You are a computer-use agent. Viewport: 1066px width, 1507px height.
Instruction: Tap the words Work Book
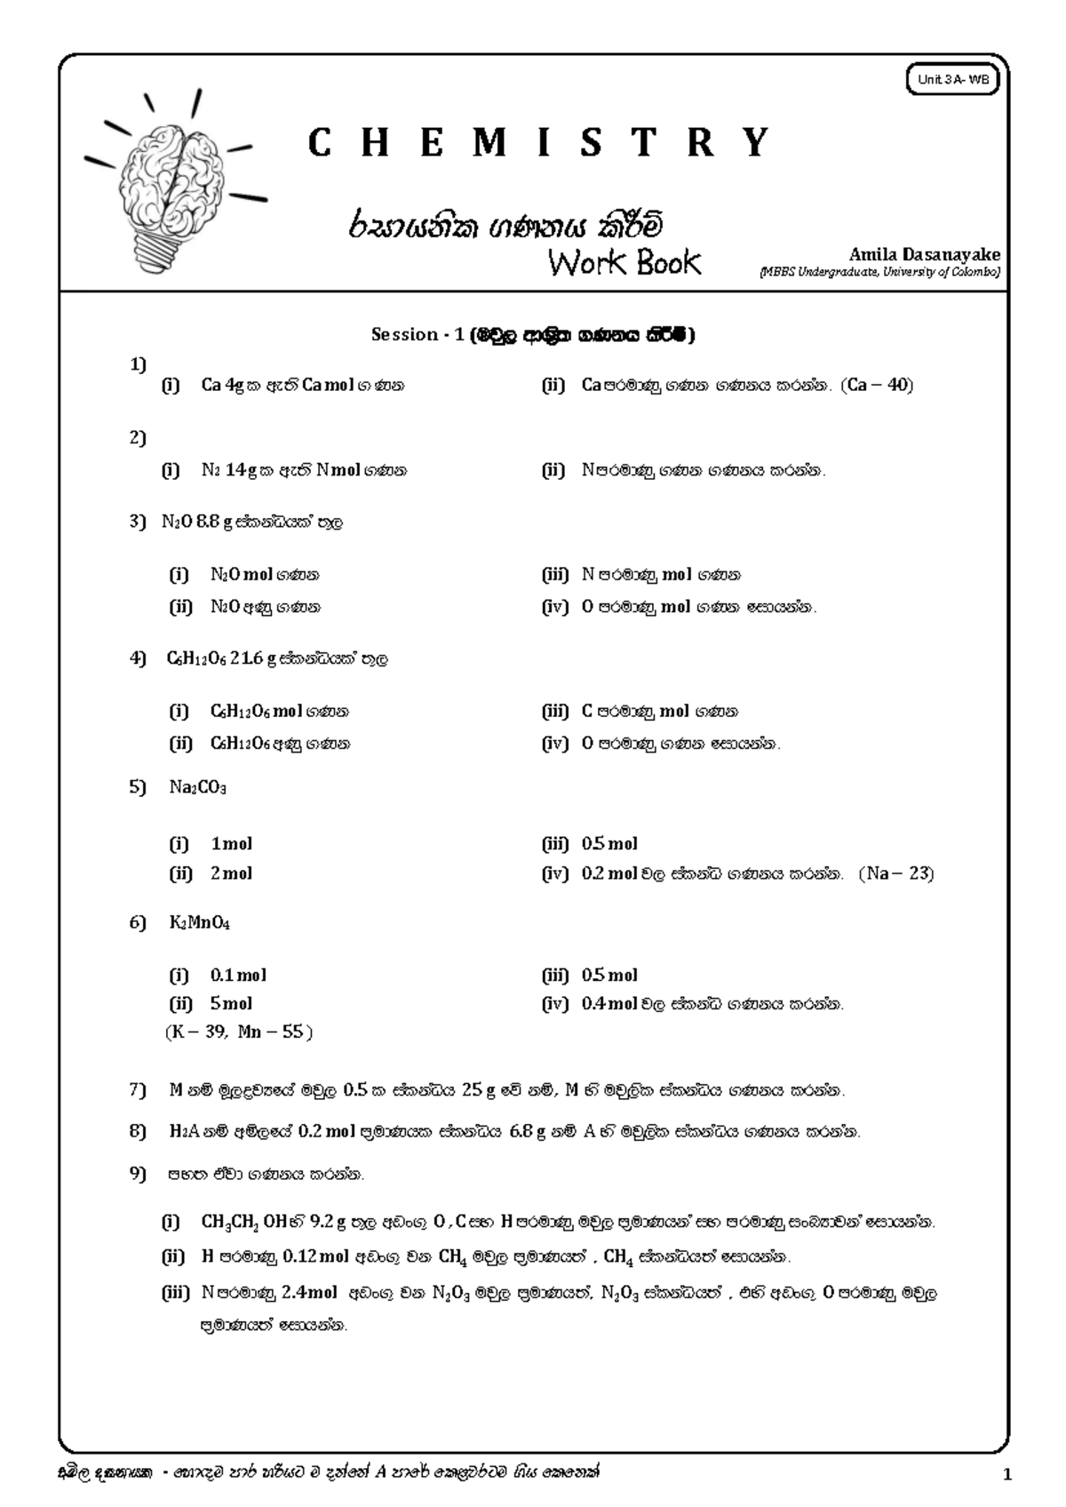coord(624,263)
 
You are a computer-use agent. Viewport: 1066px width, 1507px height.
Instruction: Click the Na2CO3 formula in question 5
coord(197,788)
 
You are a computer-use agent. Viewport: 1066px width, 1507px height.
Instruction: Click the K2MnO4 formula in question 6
coord(199,923)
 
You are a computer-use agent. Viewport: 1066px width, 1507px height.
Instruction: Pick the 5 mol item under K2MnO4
coord(231,1004)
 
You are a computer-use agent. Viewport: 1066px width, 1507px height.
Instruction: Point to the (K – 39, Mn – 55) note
coord(239,1033)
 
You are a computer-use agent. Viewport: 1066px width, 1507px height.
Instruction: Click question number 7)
coord(138,1089)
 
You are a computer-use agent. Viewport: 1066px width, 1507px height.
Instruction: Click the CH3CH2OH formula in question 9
coord(243,1223)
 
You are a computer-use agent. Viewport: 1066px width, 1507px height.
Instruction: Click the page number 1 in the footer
coord(1006,1476)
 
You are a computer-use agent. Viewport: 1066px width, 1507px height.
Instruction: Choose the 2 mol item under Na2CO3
coord(231,873)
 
